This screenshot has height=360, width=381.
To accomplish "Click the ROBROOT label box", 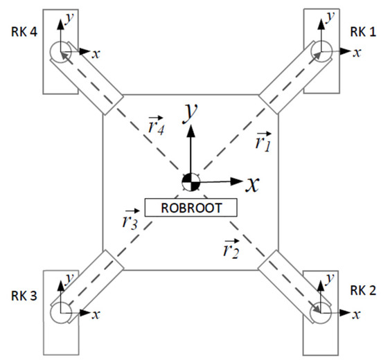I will point(191,206).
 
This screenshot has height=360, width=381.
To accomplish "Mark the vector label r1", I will point(263,143).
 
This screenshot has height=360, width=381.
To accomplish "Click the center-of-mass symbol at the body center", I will point(190,182).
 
